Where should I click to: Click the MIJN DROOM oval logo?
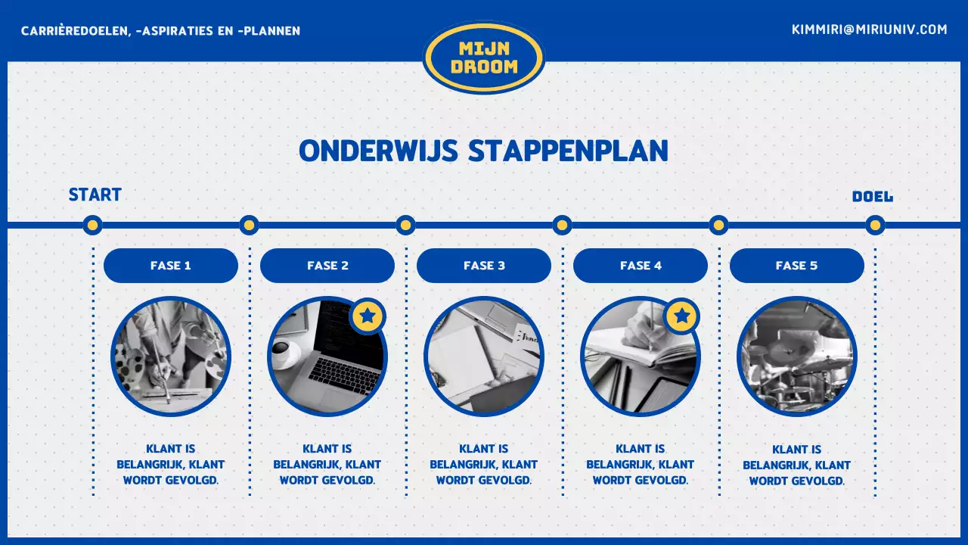point(484,58)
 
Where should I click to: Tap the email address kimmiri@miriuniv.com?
point(869,30)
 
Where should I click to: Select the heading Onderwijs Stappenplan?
point(483,151)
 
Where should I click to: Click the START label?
point(95,195)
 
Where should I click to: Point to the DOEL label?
point(872,197)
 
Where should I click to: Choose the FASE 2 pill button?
point(327,266)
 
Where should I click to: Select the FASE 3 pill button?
point(484,266)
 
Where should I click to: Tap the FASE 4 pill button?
point(641,266)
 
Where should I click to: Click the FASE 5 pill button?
point(796,266)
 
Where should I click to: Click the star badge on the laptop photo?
point(368,316)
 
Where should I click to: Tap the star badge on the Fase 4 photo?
point(681,316)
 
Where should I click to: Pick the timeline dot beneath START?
point(92,225)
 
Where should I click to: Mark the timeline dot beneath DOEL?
point(875,225)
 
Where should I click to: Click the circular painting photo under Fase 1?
point(171,357)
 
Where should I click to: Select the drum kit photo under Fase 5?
point(797,357)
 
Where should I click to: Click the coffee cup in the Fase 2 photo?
point(285,354)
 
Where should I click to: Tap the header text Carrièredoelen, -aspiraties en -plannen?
point(161,31)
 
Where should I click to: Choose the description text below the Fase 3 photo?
point(484,465)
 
